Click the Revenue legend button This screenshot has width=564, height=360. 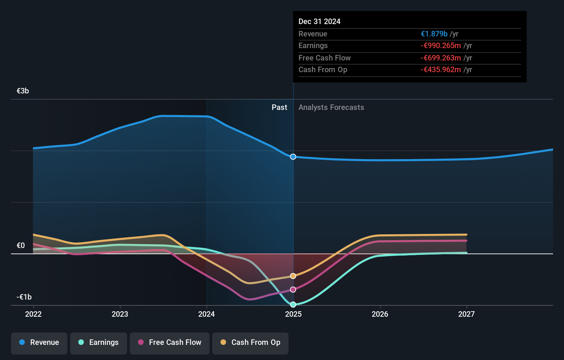tap(39, 343)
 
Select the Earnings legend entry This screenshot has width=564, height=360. tap(99, 343)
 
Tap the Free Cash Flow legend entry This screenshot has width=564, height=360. tap(170, 343)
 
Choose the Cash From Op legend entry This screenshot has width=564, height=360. tap(250, 343)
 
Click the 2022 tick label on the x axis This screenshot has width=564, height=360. tap(33, 314)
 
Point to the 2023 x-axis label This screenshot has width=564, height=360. tap(120, 314)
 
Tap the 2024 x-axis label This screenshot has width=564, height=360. tap(206, 314)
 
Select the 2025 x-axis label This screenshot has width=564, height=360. tap(293, 314)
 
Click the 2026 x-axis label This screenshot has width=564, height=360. tap(380, 314)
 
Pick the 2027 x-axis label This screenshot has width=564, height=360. tap(466, 314)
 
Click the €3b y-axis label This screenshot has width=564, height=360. tap(23, 91)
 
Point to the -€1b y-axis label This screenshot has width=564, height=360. tap(24, 297)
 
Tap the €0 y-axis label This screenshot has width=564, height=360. tap(21, 246)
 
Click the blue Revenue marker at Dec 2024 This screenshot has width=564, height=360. tap(293, 157)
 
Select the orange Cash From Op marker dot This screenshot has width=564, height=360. tap(293, 276)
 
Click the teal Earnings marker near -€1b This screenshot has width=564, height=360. tap(293, 305)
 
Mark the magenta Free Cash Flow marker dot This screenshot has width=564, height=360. tap(293, 290)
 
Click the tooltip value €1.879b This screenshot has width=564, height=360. tap(434, 34)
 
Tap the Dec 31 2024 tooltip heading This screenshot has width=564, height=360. tap(319, 22)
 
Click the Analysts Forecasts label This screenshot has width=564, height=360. tap(331, 108)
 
